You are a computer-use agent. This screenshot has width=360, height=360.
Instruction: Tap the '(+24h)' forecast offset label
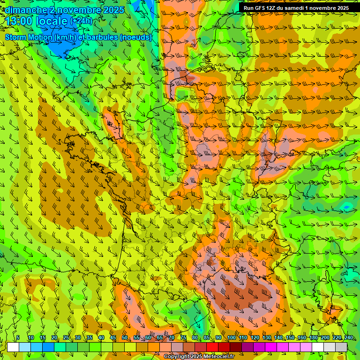click(81, 21)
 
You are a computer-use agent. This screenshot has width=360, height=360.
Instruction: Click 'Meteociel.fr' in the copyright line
click(218, 357)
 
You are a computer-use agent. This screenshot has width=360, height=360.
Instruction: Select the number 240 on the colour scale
click(348, 338)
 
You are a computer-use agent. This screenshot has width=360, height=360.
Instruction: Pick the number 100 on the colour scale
click(231, 338)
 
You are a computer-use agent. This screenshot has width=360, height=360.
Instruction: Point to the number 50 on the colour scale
click(125, 338)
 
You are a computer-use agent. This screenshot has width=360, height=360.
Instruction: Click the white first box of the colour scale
click(13, 347)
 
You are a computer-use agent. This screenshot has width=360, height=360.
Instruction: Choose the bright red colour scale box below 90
click(212, 347)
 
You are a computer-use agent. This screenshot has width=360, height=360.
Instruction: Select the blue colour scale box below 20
click(48, 347)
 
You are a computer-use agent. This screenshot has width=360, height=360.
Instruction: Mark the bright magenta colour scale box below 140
click(271, 347)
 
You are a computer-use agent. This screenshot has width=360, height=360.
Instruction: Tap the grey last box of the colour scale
click(341, 347)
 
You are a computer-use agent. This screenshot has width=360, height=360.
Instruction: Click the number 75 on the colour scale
click(183, 338)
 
